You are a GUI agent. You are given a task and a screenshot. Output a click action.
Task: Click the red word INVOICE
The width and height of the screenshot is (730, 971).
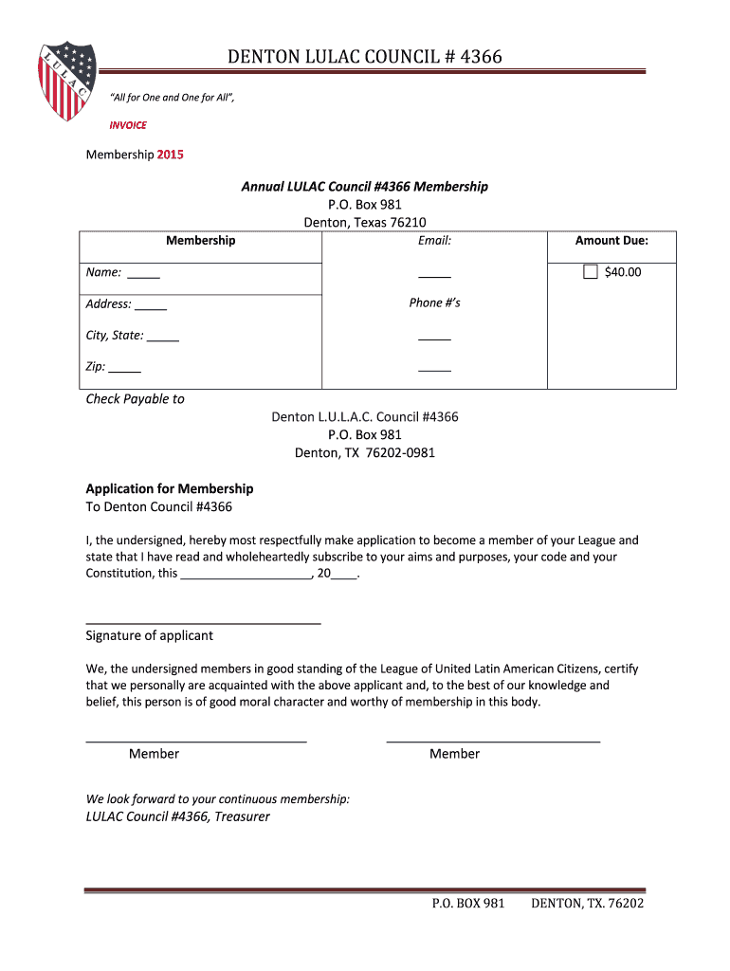129,124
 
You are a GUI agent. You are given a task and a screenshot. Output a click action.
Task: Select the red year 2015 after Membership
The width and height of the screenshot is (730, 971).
171,154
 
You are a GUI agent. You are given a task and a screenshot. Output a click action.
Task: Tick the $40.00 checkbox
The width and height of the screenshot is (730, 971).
591,272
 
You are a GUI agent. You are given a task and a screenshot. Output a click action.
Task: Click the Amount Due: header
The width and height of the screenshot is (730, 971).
611,241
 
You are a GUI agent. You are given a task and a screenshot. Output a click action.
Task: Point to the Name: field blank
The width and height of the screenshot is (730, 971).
143,276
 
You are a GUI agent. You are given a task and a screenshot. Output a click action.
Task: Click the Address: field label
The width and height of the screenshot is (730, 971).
108,303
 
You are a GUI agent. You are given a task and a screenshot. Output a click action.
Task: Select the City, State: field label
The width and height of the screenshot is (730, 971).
115,335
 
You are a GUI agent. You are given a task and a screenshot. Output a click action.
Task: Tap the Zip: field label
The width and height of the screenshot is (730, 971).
96,366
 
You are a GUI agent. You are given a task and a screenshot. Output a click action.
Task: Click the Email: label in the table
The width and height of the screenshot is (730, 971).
434,241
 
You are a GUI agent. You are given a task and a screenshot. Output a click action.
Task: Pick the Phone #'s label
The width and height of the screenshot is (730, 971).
434,302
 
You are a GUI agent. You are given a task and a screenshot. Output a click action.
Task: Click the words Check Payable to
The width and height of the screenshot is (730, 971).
136,399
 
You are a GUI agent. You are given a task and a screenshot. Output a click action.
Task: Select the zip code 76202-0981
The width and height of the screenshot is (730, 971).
392,452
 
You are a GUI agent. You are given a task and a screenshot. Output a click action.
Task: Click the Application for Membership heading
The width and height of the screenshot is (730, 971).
170,488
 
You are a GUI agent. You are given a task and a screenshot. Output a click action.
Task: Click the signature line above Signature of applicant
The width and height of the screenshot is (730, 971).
203,623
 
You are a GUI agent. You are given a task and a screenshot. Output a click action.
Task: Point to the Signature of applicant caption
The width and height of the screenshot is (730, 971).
150,635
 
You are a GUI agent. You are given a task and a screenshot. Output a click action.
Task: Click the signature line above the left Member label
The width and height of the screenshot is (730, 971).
196,741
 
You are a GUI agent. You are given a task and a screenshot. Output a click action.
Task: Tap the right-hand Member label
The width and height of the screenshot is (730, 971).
454,754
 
